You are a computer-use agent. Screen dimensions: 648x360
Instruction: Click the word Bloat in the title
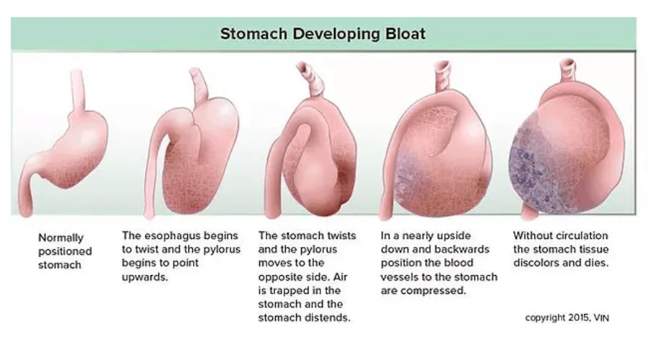coord(405,33)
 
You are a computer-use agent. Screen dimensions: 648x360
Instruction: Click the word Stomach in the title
coord(253,33)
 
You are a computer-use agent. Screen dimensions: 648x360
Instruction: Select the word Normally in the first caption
coord(60,238)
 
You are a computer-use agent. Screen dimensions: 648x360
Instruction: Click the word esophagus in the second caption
coord(179,235)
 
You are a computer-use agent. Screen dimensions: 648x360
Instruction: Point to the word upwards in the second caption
coord(145,277)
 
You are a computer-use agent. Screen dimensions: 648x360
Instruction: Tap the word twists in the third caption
coord(341,235)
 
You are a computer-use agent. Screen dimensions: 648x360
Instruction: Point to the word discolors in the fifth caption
coord(536,264)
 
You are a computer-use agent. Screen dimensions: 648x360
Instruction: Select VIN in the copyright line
coord(601,318)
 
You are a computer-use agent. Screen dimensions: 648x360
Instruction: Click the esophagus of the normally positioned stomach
coord(77,91)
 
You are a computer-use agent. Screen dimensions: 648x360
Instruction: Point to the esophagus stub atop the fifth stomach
coord(567,71)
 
